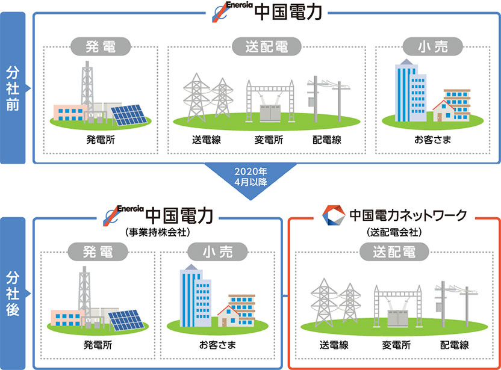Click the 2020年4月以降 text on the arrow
coord(250,174)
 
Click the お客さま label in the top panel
coord(432,141)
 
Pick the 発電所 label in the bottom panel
coord(98,345)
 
